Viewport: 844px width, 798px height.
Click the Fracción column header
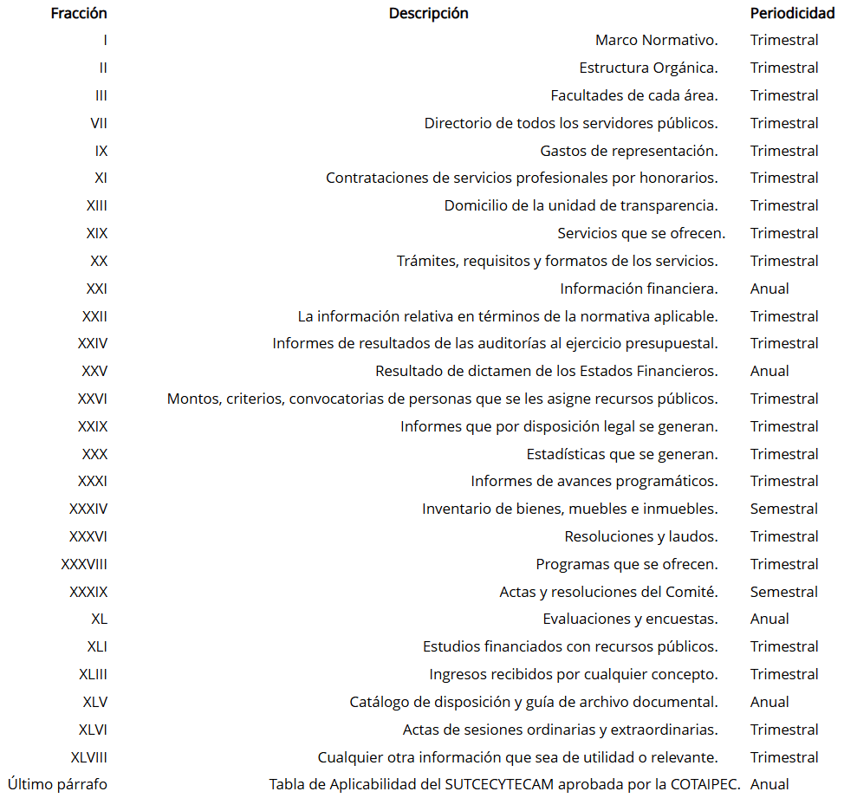[x=79, y=13]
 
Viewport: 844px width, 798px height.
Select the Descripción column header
[x=428, y=13]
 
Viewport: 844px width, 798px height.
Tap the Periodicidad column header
[x=792, y=13]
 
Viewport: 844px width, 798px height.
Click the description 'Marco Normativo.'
[x=656, y=40]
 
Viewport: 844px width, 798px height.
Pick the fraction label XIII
[x=96, y=205]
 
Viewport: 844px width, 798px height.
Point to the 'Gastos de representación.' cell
[x=628, y=151]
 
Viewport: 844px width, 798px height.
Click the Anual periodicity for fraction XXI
[x=769, y=289]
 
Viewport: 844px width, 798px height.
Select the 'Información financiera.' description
[x=639, y=289]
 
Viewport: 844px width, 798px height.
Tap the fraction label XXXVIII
[x=84, y=564]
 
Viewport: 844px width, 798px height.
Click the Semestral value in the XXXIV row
[x=783, y=509]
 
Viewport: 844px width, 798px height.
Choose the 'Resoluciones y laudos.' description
[x=640, y=536]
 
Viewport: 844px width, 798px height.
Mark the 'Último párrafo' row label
[x=57, y=784]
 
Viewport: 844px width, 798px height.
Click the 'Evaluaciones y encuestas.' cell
[x=630, y=619]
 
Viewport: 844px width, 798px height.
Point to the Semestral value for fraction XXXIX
[x=783, y=592]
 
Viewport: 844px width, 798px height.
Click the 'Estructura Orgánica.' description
[x=648, y=68]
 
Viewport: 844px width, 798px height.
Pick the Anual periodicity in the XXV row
[x=769, y=371]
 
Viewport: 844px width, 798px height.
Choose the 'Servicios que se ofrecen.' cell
[x=641, y=233]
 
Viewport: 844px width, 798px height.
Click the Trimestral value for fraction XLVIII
[x=783, y=757]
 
